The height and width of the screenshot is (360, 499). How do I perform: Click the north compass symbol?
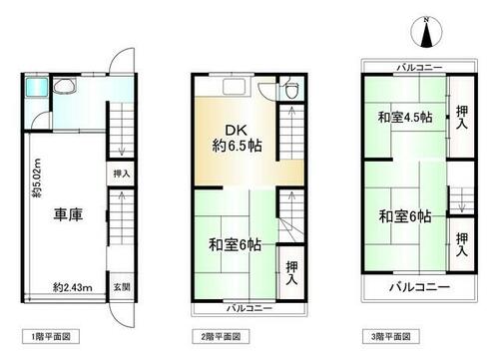pyautogui.click(x=426, y=32)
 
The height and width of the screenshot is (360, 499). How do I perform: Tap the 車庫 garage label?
pyautogui.click(x=68, y=214)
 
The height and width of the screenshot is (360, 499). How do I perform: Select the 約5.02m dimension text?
pyautogui.click(x=37, y=178)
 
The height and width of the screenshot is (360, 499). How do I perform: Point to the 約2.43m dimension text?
pyautogui.click(x=73, y=287)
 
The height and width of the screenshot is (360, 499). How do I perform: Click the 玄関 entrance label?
pyautogui.click(x=122, y=287)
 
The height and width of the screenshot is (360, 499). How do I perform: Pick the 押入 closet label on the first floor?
pyautogui.click(x=122, y=174)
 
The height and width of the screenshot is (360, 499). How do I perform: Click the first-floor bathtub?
pyautogui.click(x=37, y=88)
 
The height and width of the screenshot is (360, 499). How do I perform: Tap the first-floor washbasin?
pyautogui.click(x=65, y=87)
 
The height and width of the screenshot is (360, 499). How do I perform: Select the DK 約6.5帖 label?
pyautogui.click(x=237, y=138)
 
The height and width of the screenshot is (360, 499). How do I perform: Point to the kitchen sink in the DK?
pyautogui.click(x=235, y=87)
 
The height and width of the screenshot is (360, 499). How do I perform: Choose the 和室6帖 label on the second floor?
pyautogui.click(x=235, y=245)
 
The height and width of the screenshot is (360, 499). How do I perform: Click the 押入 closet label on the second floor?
pyautogui.click(x=291, y=273)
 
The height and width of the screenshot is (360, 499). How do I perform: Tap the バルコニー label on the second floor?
pyautogui.click(x=249, y=308)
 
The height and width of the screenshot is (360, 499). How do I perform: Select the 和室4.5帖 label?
pyautogui.click(x=405, y=118)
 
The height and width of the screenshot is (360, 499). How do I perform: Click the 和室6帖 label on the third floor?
pyautogui.click(x=405, y=216)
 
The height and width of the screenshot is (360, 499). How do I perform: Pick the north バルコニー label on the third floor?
pyautogui.click(x=420, y=68)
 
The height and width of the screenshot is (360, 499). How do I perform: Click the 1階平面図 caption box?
pyautogui.click(x=51, y=337)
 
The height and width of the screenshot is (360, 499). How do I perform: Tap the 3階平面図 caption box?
pyautogui.click(x=391, y=337)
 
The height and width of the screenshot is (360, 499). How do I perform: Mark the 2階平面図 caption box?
pyautogui.click(x=221, y=337)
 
